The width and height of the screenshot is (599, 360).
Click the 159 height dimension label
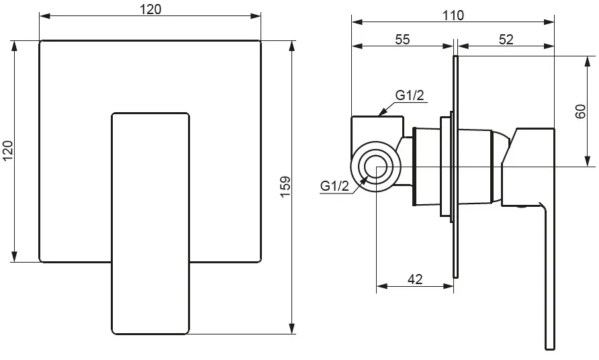286,187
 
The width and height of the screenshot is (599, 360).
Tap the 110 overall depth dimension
453,15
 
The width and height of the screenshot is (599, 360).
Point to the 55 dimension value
402,40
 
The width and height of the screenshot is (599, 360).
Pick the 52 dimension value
506,40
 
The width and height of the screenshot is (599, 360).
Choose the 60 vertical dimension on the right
580,111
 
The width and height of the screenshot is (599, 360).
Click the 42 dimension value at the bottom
415,279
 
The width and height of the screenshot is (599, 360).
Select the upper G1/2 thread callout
410,95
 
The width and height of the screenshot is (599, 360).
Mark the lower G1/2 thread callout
334,186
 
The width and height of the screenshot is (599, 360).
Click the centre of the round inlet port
376,167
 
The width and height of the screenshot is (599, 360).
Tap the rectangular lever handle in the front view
150,224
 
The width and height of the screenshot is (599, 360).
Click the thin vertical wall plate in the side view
455,167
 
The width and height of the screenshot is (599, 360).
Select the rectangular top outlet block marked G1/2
377,129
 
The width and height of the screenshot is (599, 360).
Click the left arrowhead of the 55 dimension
357,46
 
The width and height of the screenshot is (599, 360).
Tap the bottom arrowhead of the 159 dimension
292,328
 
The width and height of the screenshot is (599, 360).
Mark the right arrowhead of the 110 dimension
549,22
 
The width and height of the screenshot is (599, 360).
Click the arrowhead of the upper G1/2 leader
382,111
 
